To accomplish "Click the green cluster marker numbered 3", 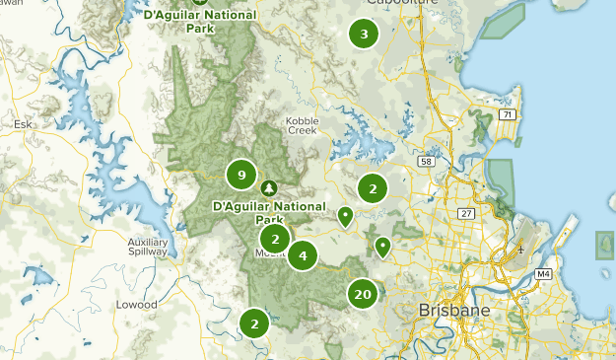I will coord(364,35).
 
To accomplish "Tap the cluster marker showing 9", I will coord(240,176).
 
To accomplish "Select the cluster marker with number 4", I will coord(303,255).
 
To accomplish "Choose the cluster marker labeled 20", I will coord(363,294).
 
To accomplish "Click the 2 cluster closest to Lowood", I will coord(254,322).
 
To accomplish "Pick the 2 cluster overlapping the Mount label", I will coord(276,238).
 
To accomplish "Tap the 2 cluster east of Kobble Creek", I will coord(372,187).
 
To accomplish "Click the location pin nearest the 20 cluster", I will coord(382,246).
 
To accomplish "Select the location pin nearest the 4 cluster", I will coord(345,215).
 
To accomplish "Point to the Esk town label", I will coord(23,124).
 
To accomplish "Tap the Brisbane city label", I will coord(453,310).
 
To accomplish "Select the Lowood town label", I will coord(137,305).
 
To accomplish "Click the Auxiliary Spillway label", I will coord(148,247).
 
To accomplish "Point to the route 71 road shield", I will coord(508,115).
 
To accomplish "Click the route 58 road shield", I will coord(426,161).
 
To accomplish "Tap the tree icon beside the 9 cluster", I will coord(269,187).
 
